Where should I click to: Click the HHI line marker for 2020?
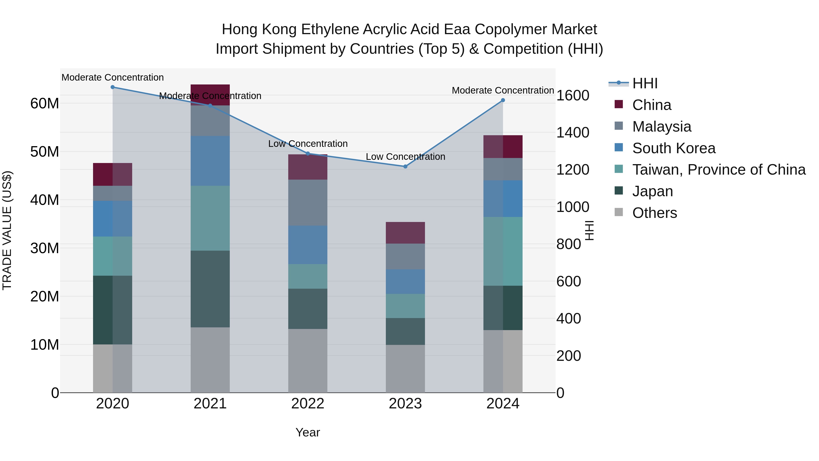[113, 87]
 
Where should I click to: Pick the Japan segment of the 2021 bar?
[210, 289]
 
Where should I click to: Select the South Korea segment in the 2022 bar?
[308, 245]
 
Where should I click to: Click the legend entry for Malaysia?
[661, 127]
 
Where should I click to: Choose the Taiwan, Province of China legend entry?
[718, 170]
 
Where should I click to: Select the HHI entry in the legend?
[645, 83]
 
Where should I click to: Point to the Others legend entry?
[654, 213]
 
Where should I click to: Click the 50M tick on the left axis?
[45, 152]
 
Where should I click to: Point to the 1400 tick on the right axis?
[573, 133]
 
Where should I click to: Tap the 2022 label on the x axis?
[308, 404]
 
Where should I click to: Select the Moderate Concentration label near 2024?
[503, 90]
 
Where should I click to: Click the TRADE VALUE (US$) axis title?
[7, 230]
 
